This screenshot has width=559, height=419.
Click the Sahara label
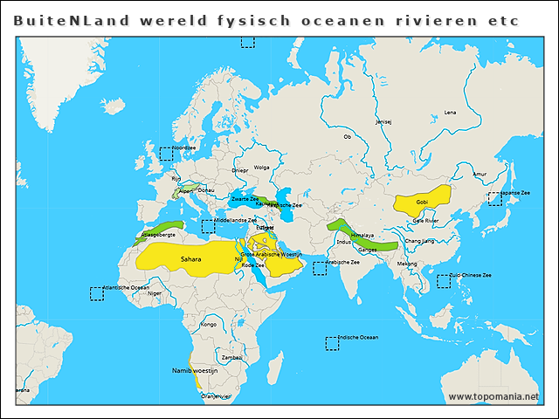[x=190, y=259]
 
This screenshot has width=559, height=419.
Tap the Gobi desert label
[x=422, y=202]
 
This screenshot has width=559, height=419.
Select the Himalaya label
[x=362, y=235]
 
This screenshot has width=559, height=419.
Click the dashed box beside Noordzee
[x=165, y=154]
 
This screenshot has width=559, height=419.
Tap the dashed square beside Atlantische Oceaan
[x=96, y=294]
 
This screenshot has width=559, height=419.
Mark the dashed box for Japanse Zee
[x=494, y=198]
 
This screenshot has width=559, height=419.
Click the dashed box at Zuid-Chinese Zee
[x=444, y=281]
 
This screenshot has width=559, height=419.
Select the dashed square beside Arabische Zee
[x=320, y=268]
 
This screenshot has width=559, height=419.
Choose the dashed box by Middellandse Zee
[x=208, y=227]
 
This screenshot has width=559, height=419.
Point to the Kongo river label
[x=208, y=324]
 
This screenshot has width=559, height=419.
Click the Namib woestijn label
[x=194, y=371]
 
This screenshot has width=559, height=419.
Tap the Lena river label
[x=450, y=113]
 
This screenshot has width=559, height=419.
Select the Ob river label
[x=347, y=137]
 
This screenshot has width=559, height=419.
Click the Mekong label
[x=407, y=263]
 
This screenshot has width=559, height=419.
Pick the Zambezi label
[x=231, y=357]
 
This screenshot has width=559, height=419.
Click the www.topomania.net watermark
[x=493, y=396]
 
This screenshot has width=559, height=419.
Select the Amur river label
[x=479, y=175]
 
